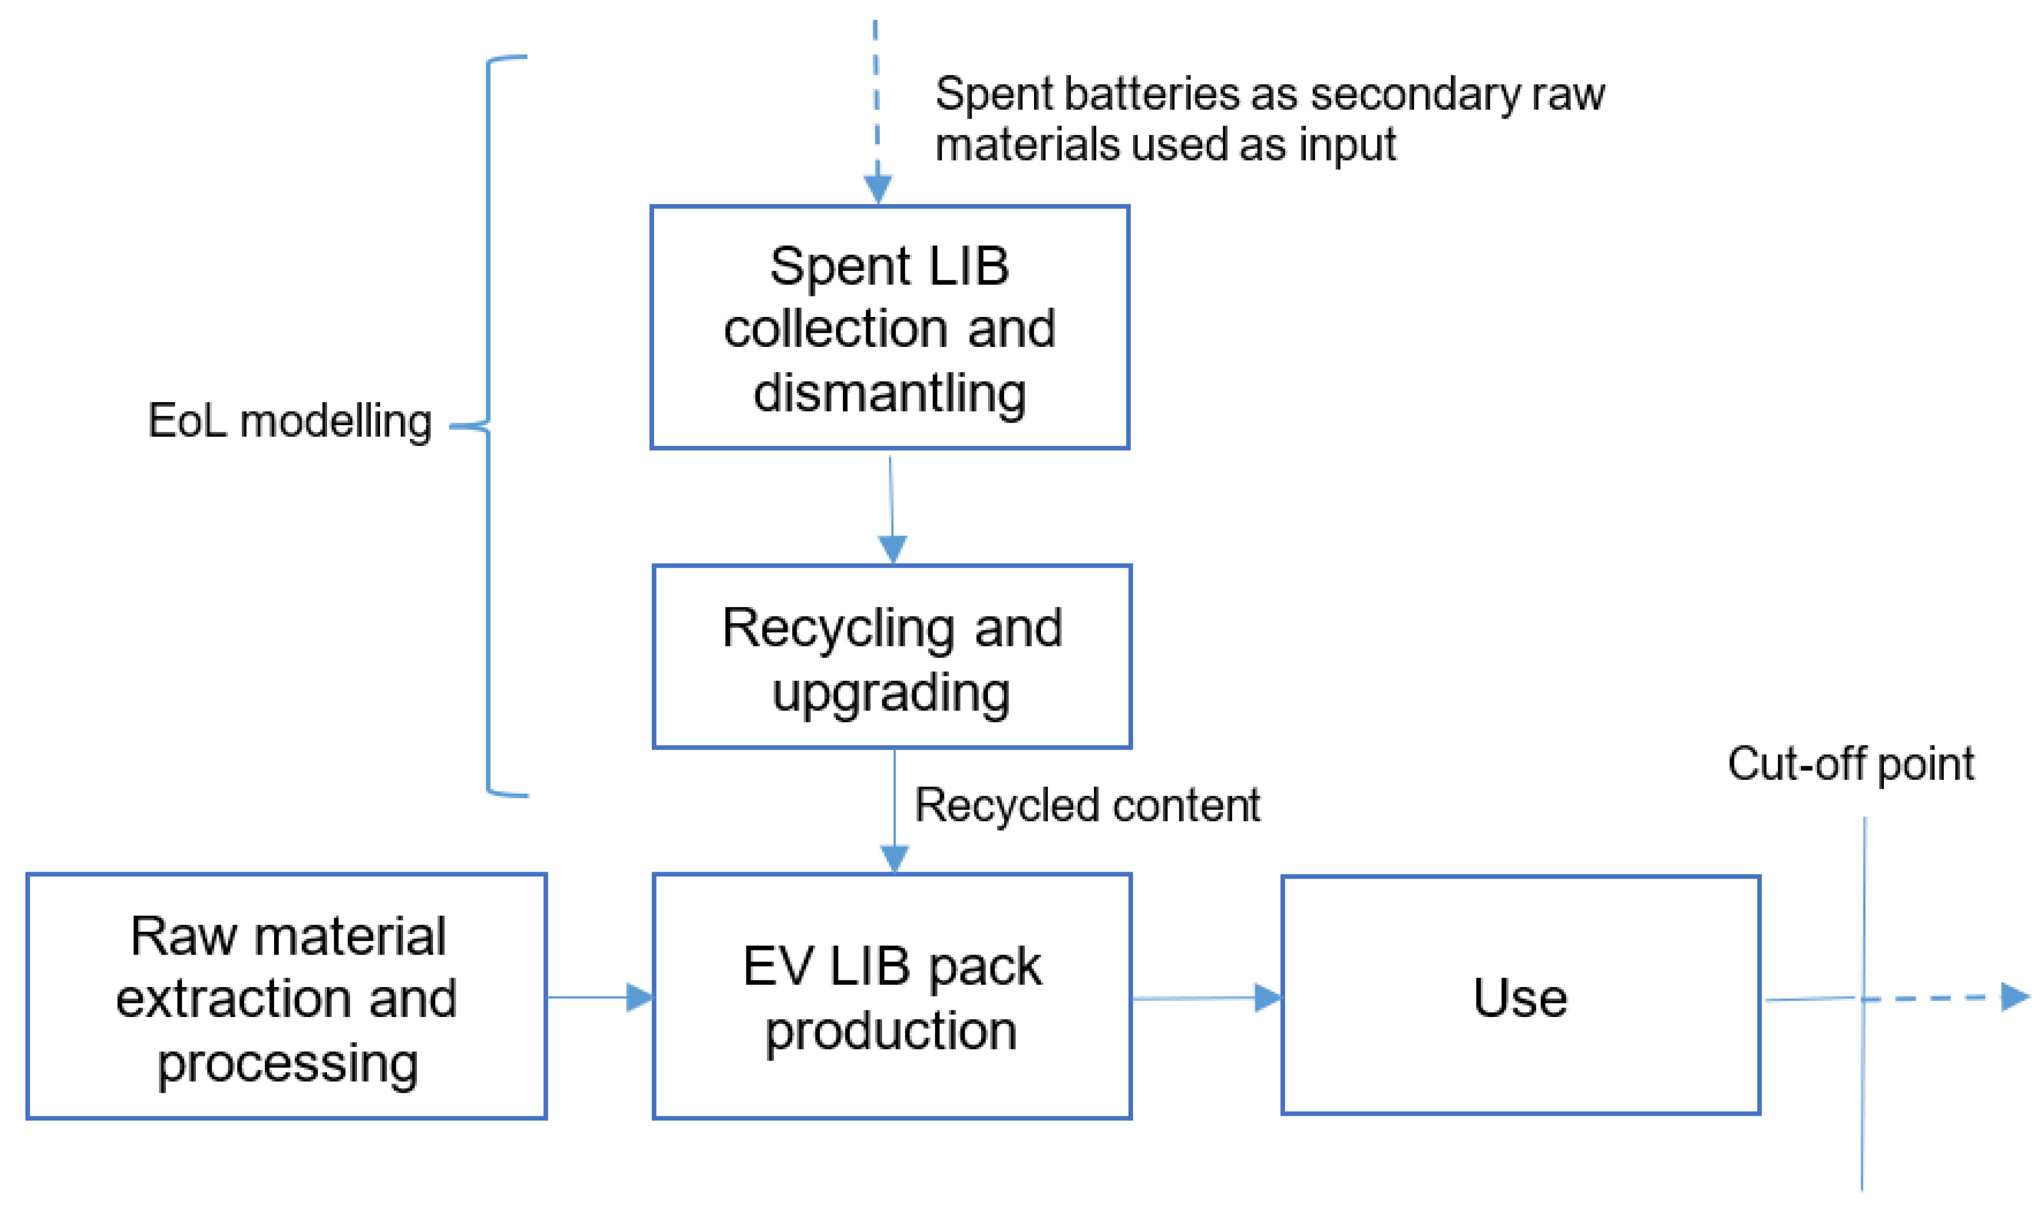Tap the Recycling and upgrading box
[x=891, y=657]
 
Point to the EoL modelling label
[x=290, y=421]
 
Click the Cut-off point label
[x=1850, y=765]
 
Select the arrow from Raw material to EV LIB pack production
[x=599, y=997]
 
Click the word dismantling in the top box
[x=889, y=393]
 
